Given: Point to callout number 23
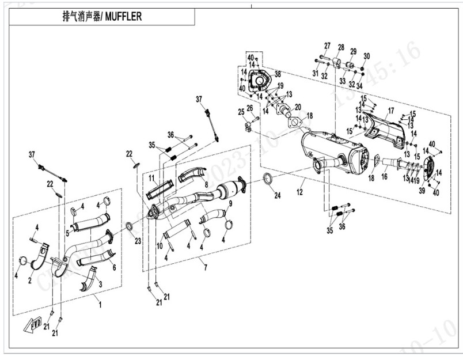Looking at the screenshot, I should pyautogui.click(x=137, y=240).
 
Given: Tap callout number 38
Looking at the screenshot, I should pyautogui.click(x=277, y=74).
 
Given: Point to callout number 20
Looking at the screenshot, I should pyautogui.click(x=297, y=107).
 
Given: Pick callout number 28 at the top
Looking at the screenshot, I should pyautogui.click(x=341, y=47).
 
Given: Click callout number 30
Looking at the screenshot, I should pyautogui.click(x=366, y=56).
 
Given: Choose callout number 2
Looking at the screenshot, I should pyautogui.click(x=30, y=280).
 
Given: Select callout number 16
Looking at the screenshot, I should pyautogui.click(x=384, y=177).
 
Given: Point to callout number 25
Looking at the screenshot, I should pyautogui.click(x=241, y=112).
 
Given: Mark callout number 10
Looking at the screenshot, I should pyautogui.click(x=160, y=246).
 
